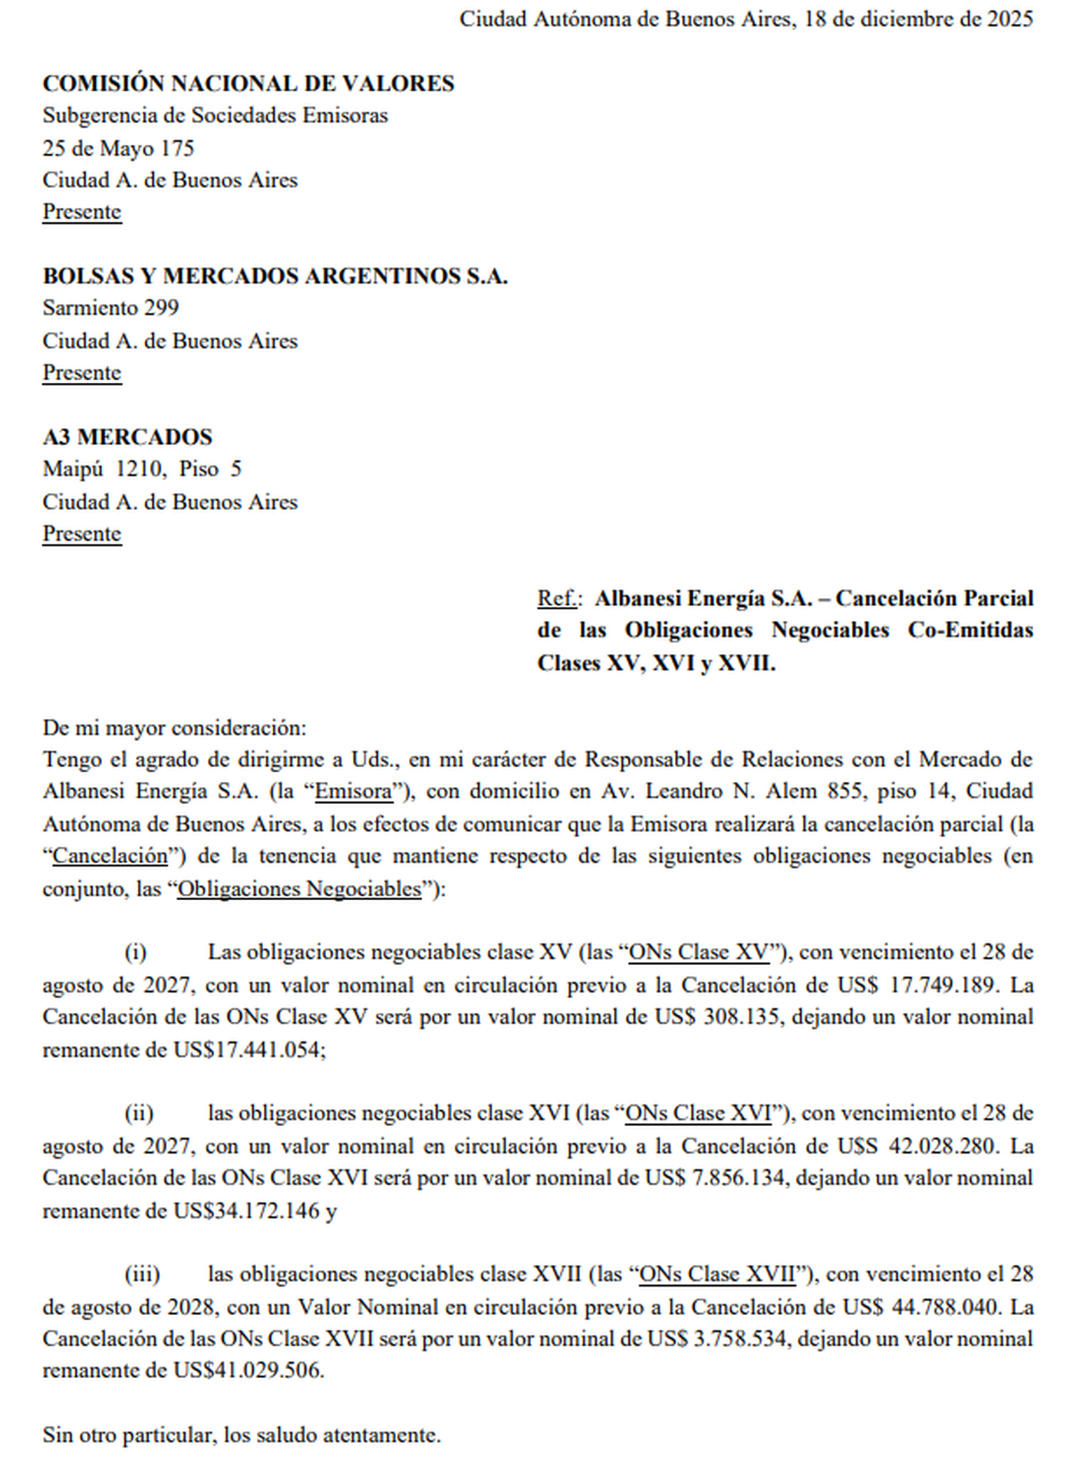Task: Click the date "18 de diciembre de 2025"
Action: point(919,20)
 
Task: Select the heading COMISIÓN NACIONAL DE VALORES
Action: point(249,84)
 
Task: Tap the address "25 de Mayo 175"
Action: point(118,147)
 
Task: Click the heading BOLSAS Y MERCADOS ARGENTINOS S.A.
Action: point(275,276)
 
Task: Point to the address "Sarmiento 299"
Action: point(111,308)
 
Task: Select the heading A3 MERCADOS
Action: point(128,437)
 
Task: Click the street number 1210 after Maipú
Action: point(140,469)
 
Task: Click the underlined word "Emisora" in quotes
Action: point(354,792)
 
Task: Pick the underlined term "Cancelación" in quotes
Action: point(110,856)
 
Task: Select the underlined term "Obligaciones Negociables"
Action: point(299,888)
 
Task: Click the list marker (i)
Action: point(136,952)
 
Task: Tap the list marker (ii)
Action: point(139,1113)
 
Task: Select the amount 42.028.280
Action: point(942,1146)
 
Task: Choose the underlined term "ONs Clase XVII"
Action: point(717,1275)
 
